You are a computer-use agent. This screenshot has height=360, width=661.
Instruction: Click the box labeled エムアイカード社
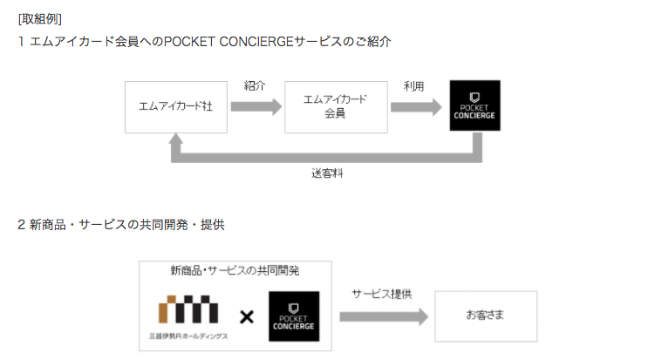tap(175, 106)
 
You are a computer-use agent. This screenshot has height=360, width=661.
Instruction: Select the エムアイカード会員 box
tap(335, 106)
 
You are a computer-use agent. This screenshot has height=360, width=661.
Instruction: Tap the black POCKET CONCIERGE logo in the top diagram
tap(474, 105)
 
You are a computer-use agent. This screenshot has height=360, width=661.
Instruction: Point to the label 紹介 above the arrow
tap(255, 85)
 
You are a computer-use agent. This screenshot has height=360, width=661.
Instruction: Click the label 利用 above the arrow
tap(413, 85)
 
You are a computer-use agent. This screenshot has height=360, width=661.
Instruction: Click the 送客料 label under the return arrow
tap(327, 173)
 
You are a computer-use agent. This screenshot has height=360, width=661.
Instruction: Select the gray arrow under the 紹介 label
tap(256, 106)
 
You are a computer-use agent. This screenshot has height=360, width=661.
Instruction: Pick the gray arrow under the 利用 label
tap(416, 106)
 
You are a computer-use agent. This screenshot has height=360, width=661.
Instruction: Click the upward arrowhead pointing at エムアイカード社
tap(177, 142)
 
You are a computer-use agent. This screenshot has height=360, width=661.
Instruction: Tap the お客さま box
tap(486, 316)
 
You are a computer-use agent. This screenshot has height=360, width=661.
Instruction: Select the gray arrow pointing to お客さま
tap(381, 316)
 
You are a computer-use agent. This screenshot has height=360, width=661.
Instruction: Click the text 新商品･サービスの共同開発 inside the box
tap(235, 271)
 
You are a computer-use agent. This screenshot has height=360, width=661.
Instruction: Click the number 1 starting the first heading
tap(21, 41)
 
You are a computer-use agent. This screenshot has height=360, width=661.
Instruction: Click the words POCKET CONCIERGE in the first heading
tap(230, 41)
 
